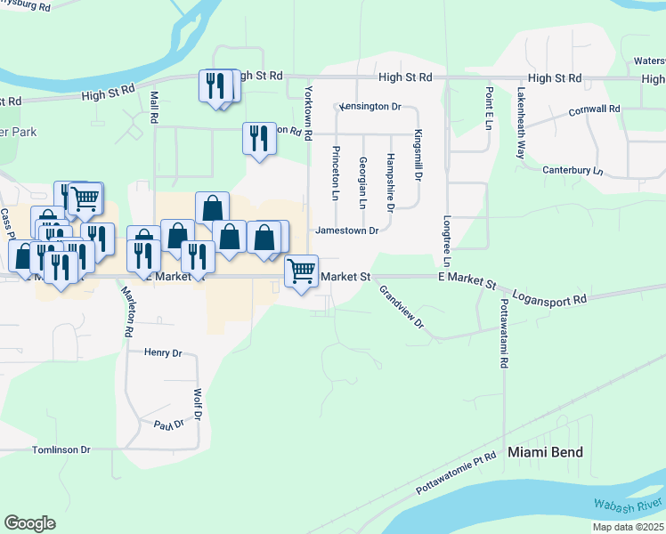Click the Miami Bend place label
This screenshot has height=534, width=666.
point(545,452)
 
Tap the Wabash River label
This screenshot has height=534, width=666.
point(628,505)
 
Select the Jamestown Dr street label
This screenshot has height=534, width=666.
point(346,231)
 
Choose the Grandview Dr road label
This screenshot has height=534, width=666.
point(402,306)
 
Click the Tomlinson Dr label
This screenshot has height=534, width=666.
point(61,450)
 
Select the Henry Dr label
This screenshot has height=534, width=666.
point(163,353)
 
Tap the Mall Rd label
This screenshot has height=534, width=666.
point(154,106)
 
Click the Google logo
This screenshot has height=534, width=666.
point(29,523)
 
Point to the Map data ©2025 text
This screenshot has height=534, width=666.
point(628,527)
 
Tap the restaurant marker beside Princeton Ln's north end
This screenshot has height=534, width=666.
point(258,139)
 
